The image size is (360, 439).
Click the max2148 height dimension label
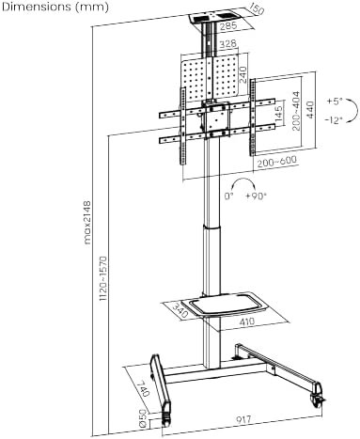[87, 223]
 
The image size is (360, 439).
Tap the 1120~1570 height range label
[103, 279]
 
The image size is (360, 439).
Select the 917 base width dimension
[243, 419]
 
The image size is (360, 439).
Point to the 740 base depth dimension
[144, 388]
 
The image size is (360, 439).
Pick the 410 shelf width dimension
[247, 321]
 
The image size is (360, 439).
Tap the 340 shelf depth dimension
[180, 310]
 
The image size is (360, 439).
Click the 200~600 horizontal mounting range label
[276, 162]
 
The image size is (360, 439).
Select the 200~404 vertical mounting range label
[295, 111]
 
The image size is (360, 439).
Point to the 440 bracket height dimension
[309, 109]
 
